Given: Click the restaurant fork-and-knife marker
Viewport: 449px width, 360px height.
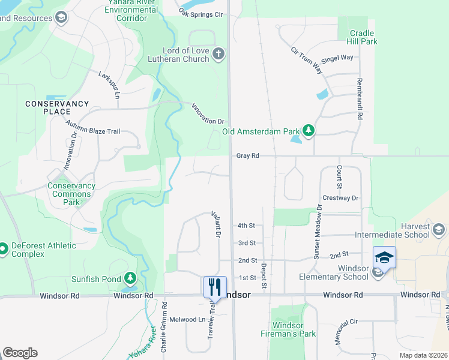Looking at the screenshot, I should pos(215,287).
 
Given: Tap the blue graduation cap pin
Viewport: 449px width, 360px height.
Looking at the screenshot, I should pos(384,258).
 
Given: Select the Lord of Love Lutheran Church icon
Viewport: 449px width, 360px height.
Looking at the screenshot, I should pos(218,55).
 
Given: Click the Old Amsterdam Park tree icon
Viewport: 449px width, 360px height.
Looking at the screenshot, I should pos(309,131).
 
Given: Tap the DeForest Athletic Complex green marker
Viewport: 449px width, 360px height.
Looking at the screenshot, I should pos(3,247).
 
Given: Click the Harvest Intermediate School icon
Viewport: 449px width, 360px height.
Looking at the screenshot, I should pos(439,230).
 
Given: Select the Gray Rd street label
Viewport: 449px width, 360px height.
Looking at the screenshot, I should pos(247,155).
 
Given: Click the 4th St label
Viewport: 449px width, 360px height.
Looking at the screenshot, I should pos(246,226).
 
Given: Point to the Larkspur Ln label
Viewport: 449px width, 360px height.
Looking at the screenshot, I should pos(110,85).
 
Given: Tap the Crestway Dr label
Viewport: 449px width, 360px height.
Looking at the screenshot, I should pos(340,197).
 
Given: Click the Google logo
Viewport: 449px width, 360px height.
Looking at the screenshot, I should pos(20,353).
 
